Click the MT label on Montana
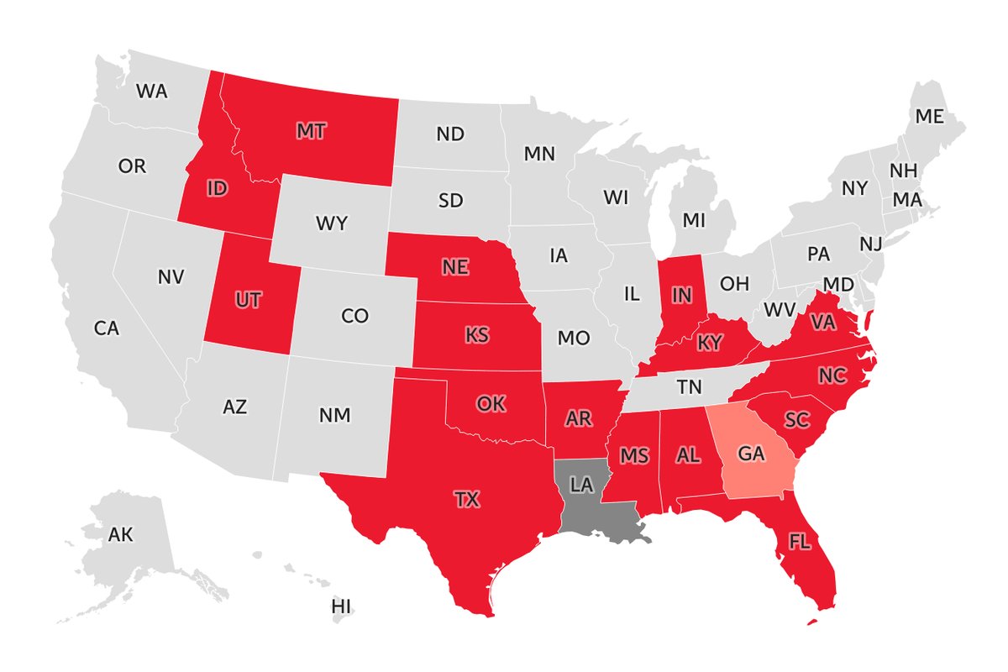point(311,131)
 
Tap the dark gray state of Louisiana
point(587,496)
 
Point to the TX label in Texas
point(467,500)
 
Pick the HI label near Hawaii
point(341,606)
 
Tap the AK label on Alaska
point(121,533)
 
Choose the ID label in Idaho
point(217,189)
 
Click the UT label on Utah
point(248,301)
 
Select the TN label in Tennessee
point(690,388)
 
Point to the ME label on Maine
point(929,117)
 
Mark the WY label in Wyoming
point(332,224)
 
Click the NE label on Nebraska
point(455,266)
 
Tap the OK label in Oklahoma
point(491,404)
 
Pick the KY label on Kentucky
point(710,343)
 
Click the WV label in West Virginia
point(779,309)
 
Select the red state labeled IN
point(681,296)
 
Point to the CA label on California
point(107,328)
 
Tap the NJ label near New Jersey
point(871,244)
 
